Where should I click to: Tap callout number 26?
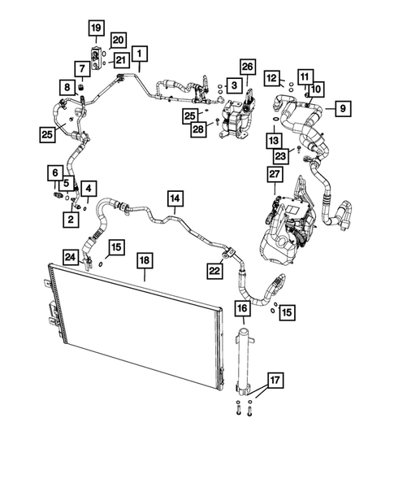248,66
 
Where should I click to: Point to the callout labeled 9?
342,107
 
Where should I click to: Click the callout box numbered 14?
175,197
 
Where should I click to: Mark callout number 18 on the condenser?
145,259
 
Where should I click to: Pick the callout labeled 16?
242,308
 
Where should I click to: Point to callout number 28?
198,129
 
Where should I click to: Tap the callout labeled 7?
83,67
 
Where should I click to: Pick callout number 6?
55,172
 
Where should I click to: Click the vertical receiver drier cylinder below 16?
242,358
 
